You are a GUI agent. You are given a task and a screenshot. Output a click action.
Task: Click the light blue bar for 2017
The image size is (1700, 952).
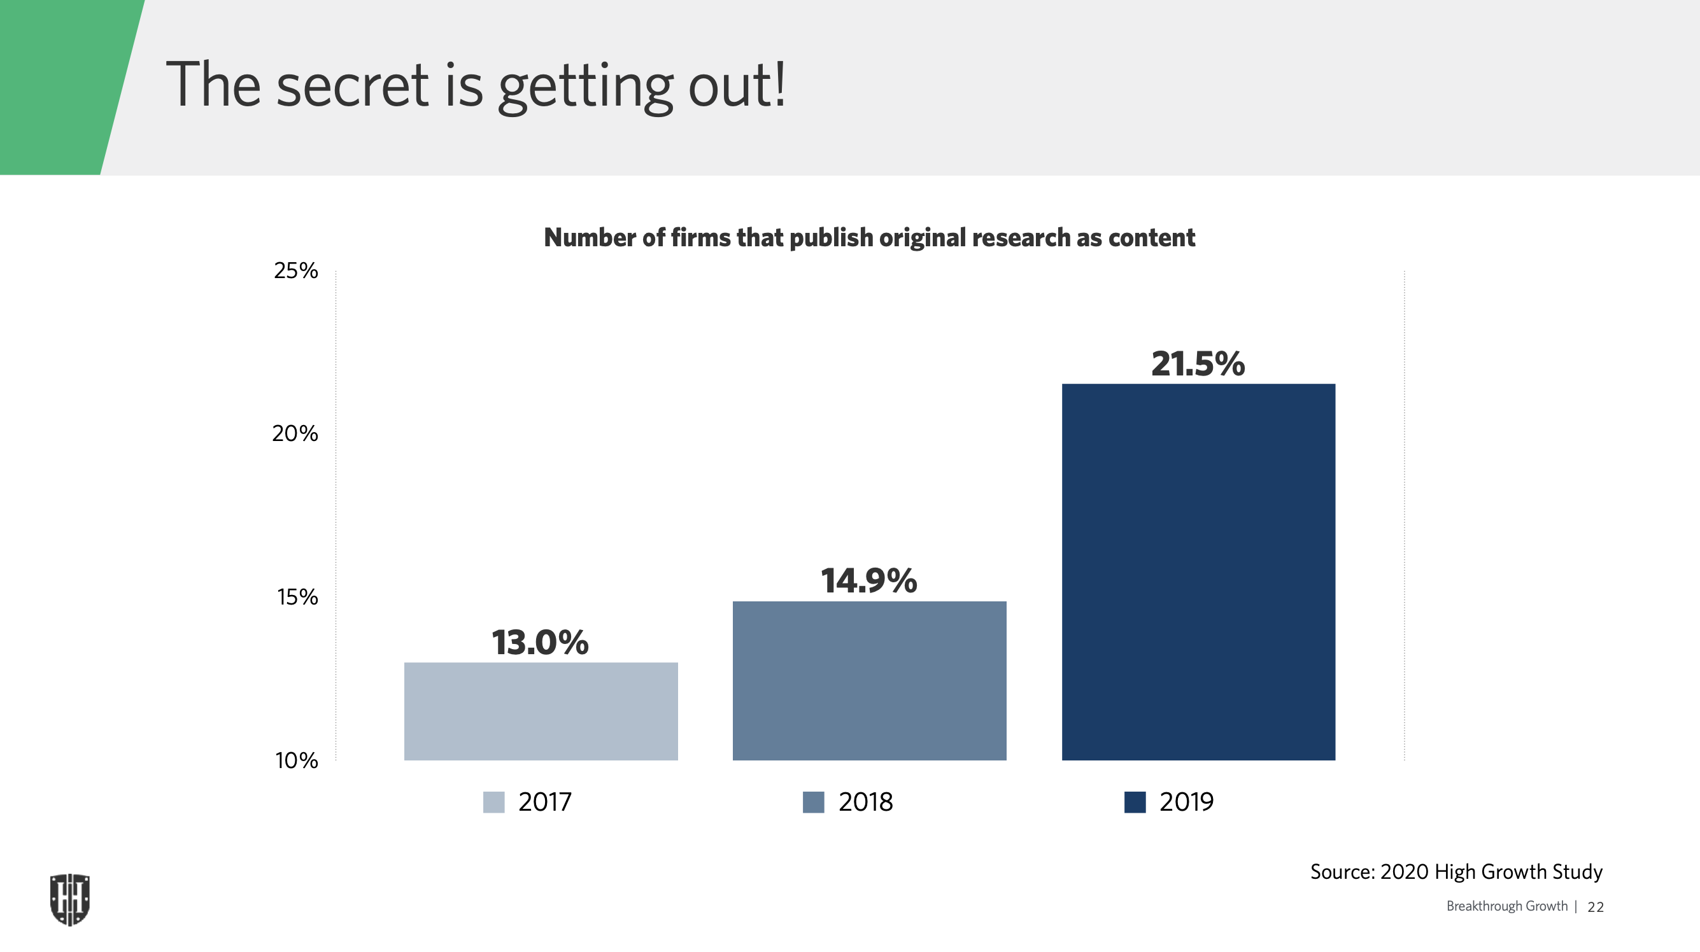541,711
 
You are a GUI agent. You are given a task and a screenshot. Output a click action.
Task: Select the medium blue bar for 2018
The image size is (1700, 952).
869,680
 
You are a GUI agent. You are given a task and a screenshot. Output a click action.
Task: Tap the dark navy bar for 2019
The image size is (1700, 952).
1198,571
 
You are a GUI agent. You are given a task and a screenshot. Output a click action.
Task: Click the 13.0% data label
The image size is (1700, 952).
540,642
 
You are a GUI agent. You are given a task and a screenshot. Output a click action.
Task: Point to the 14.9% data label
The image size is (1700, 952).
868,580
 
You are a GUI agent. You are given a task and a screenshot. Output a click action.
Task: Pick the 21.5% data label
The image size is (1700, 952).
1198,363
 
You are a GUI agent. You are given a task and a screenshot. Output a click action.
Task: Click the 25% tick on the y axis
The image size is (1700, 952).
295,270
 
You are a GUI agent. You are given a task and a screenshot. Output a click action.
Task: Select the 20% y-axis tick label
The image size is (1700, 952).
295,433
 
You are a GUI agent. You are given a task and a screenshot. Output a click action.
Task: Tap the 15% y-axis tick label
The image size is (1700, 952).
297,597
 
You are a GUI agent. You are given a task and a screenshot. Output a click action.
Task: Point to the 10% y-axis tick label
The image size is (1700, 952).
296,760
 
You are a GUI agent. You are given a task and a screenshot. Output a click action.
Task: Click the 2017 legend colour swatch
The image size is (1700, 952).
493,802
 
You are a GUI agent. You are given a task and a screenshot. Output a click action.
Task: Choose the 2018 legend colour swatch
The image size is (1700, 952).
813,802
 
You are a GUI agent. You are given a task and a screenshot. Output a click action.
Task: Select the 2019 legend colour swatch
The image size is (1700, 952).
1135,802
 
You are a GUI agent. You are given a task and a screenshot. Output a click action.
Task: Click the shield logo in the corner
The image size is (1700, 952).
70,899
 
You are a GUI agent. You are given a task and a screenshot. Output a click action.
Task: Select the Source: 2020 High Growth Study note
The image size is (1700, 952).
1456,872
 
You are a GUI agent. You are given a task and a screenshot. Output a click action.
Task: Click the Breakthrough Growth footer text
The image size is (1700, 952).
1506,906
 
